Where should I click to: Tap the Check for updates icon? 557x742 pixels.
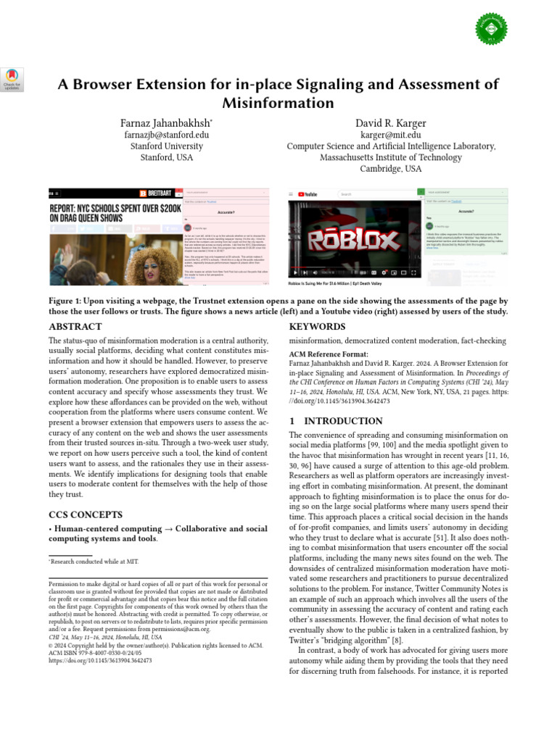coord(12,79)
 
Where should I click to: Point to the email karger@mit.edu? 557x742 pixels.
coord(391,134)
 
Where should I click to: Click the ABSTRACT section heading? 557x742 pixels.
coord(75,327)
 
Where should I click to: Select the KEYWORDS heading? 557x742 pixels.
coord(316,327)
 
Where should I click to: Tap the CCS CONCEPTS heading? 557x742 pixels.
coord(85,514)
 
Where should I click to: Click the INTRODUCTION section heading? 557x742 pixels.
coord(336,421)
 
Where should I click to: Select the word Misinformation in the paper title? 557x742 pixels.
coord(278,103)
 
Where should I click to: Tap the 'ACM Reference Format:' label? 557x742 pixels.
coord(327,351)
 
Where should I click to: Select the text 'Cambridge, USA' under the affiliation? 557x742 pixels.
coord(390,169)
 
